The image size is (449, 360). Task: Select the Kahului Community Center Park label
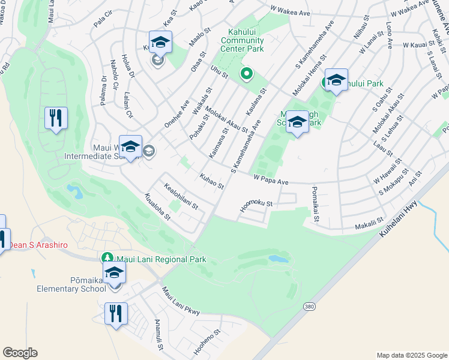click(242, 40)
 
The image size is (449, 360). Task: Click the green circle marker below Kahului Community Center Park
click(246, 74)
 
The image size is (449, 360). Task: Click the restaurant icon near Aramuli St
click(116, 313)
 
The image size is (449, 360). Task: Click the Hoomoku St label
click(256, 204)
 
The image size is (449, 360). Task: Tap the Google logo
click(20, 353)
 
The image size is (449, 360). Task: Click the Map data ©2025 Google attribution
click(411, 355)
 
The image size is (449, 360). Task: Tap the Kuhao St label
click(211, 180)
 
